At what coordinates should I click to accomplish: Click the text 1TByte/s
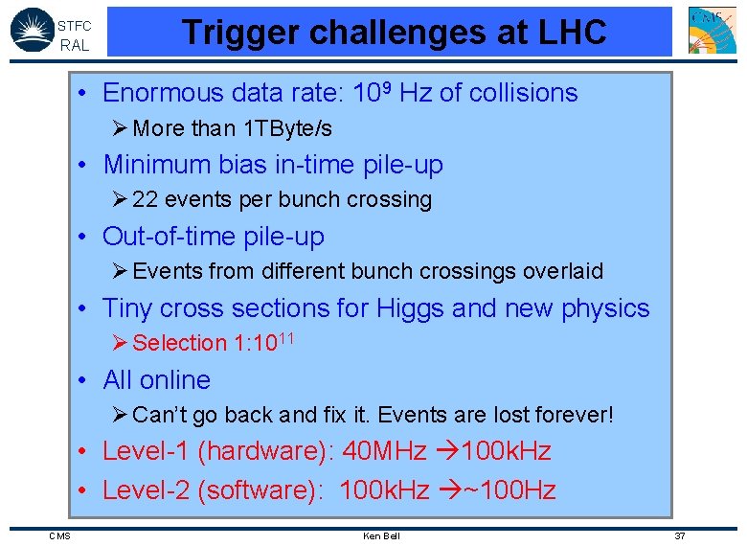(x=285, y=128)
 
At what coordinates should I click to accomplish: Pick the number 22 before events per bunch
(x=145, y=199)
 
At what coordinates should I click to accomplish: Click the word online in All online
(x=175, y=379)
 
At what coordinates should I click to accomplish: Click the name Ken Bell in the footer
(x=381, y=535)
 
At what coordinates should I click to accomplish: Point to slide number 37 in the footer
(x=680, y=535)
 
